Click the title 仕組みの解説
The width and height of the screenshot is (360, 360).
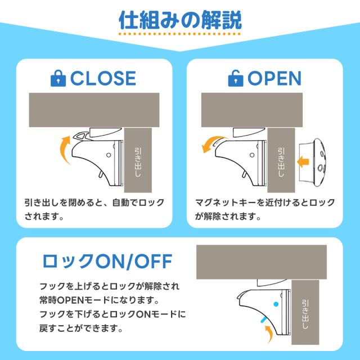coord(180,20)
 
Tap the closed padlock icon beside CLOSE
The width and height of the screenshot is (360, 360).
coord(58,79)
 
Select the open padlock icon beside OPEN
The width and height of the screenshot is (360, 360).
coord(236,79)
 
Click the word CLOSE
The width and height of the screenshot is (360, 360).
coord(103,79)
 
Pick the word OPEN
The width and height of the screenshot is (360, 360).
coord(274,79)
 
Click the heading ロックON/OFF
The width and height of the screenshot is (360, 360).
coord(107,261)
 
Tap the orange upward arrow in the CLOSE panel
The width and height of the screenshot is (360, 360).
coord(65,149)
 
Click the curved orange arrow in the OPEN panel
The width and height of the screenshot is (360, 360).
coord(213,143)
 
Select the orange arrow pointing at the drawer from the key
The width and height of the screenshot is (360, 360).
coord(303,161)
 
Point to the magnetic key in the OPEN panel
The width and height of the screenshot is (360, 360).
coord(314,163)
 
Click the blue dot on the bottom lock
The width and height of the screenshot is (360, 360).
coord(276,304)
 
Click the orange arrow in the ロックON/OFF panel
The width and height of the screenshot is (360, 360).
coord(269,334)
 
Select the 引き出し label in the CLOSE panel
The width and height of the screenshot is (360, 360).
coord(138,162)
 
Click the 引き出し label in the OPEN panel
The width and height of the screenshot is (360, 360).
coord(281,162)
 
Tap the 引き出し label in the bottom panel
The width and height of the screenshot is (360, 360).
coord(305,314)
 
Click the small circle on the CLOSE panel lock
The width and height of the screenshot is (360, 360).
coord(109,155)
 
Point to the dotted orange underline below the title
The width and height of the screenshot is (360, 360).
coord(180,34)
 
